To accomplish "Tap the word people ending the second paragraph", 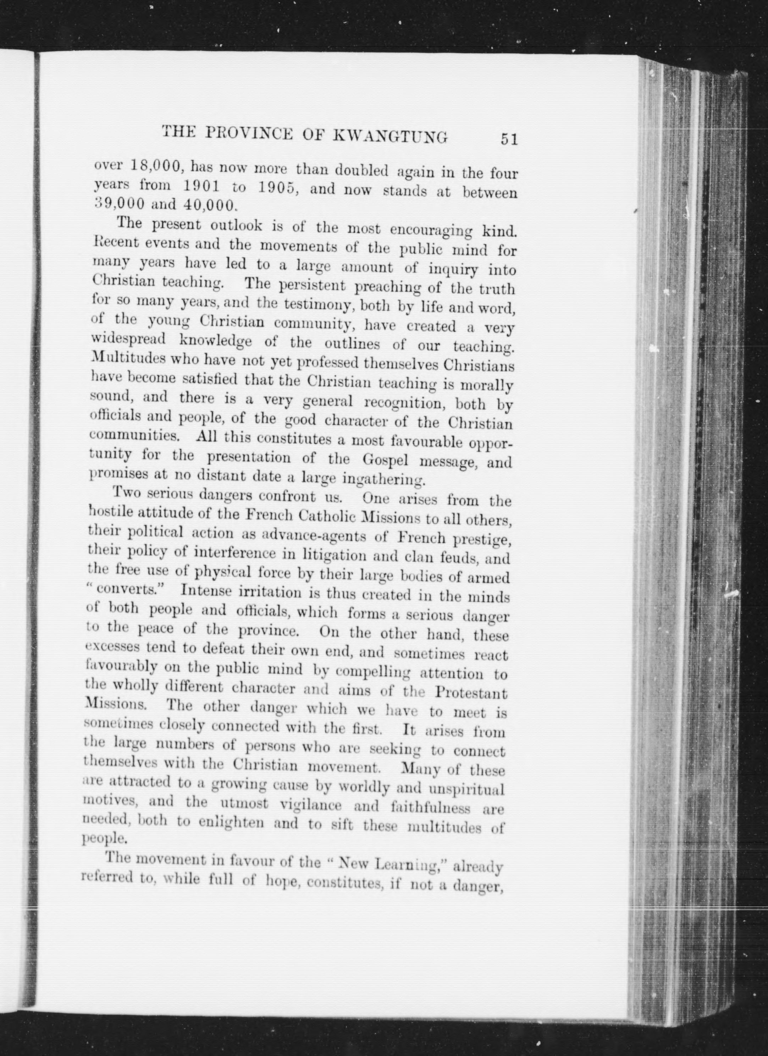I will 98,839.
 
